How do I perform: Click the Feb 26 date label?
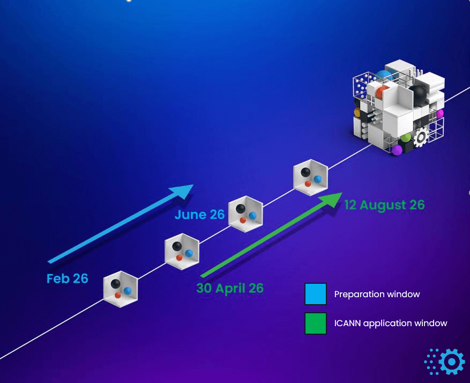(x=67, y=278)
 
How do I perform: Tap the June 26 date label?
(x=199, y=215)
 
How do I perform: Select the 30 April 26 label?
(x=230, y=288)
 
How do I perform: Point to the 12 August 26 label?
(x=384, y=205)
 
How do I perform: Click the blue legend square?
(x=315, y=294)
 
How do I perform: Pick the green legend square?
(x=315, y=323)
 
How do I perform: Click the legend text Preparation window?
(x=377, y=294)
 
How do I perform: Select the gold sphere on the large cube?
(x=357, y=113)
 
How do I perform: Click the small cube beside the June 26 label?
(x=245, y=213)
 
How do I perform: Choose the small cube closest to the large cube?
(x=310, y=177)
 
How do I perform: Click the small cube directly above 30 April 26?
(x=182, y=251)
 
